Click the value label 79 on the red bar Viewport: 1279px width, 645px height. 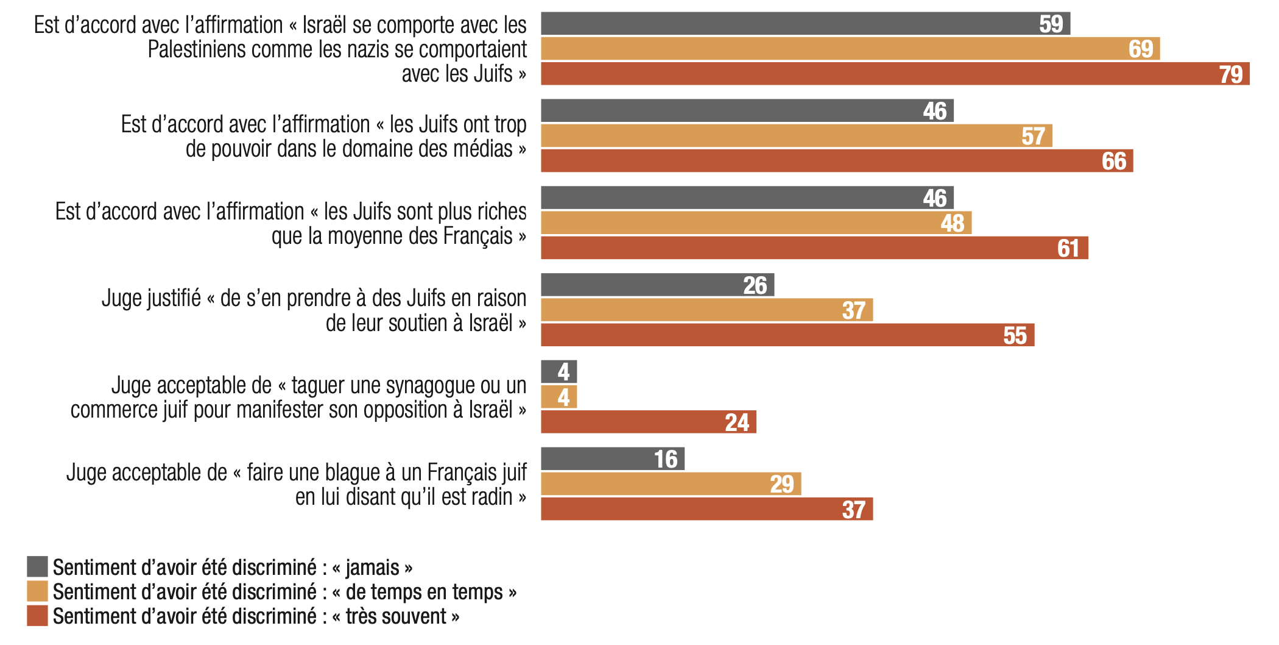coord(1230,74)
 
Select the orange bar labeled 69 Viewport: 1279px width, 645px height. coord(850,49)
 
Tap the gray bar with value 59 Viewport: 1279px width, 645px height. coord(805,24)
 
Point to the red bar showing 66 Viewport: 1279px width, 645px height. coord(836,161)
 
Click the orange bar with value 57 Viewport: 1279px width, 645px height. coord(796,136)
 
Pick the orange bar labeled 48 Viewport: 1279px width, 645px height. coord(756,223)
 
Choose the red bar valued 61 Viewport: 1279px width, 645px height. coord(814,248)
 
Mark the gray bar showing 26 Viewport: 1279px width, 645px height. coord(657,285)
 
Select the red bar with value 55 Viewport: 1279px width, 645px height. coord(787,335)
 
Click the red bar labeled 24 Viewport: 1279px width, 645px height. coord(648,422)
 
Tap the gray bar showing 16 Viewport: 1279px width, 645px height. coord(612,459)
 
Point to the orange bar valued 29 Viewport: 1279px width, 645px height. coord(671,484)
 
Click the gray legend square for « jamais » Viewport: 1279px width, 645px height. coord(37,566)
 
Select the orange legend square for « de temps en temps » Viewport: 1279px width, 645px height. coord(37,591)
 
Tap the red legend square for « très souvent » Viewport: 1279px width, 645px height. coord(37,616)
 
